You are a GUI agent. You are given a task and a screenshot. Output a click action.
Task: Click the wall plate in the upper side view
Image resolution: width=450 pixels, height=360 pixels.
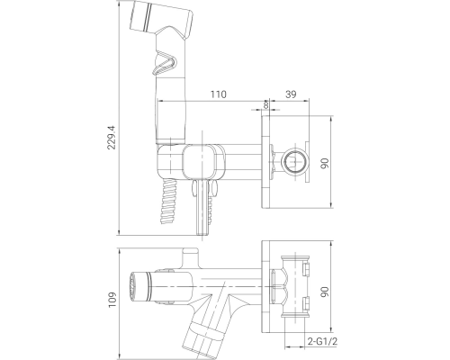(266, 163)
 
